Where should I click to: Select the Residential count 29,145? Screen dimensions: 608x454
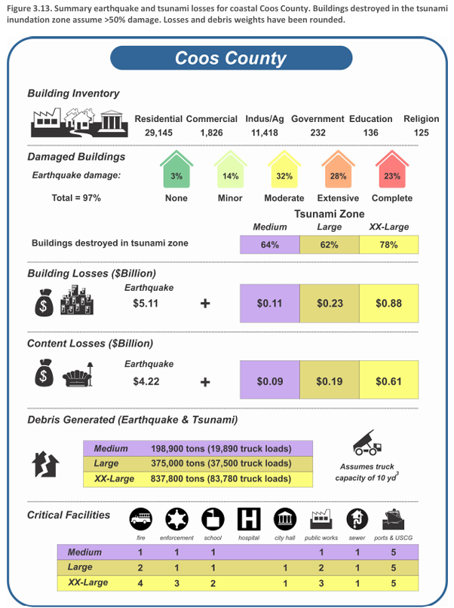tap(159, 132)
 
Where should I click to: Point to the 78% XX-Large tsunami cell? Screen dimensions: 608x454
tap(388, 245)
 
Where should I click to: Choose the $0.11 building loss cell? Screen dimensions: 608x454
tap(269, 304)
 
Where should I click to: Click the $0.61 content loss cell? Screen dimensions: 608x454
tap(388, 382)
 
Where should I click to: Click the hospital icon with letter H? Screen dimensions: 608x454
tap(248, 520)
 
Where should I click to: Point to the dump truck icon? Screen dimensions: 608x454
tap(368, 444)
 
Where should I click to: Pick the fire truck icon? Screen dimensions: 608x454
tap(140, 520)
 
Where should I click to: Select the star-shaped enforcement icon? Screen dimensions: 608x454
tap(176, 520)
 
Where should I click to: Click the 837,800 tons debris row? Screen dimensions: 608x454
tap(198, 478)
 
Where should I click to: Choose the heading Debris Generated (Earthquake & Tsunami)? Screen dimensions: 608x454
tap(133, 419)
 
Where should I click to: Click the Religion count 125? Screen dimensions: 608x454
tap(421, 132)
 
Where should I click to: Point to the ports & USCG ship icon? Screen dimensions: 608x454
tap(393, 520)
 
